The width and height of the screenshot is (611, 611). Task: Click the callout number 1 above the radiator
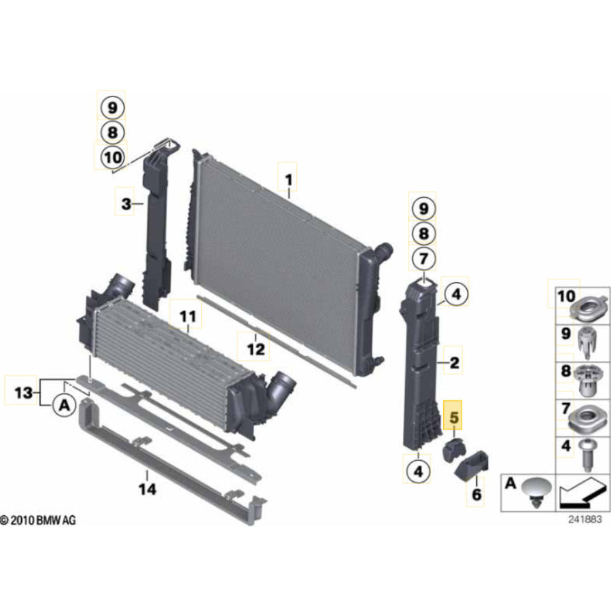[288, 180]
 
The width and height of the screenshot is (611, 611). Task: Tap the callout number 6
[476, 494]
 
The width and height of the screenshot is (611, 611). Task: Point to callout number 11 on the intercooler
[187, 316]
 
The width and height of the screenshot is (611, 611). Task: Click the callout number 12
[255, 350]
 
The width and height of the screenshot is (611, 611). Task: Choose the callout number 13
[22, 392]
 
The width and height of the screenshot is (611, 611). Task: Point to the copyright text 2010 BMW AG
[39, 521]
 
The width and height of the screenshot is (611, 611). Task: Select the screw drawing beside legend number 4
[585, 452]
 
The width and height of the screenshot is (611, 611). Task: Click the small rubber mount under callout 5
[453, 450]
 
